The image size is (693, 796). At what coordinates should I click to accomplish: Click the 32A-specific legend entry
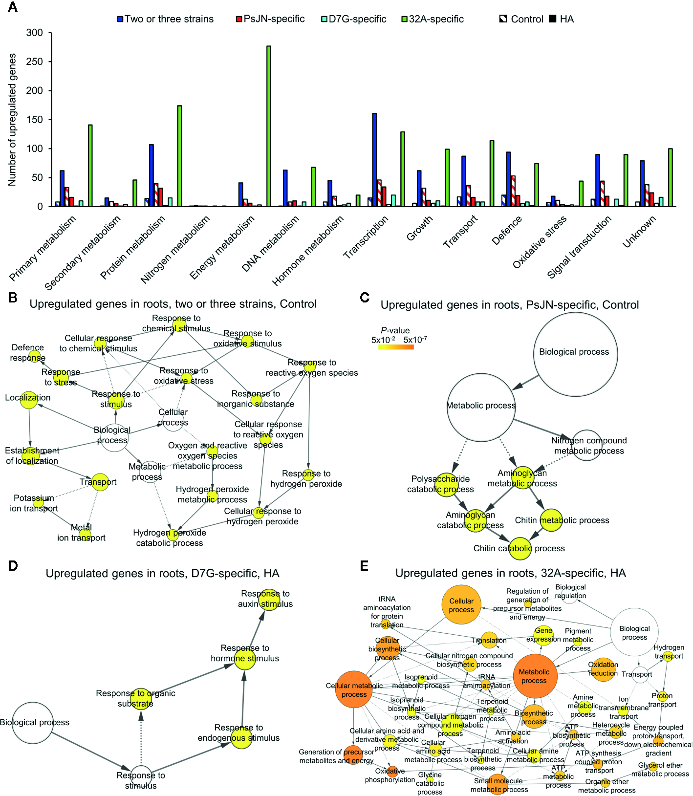433,19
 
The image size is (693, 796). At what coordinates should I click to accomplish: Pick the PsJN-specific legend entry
270,19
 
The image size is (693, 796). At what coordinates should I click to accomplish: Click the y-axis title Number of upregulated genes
12,120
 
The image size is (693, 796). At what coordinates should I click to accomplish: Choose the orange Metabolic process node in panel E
535,676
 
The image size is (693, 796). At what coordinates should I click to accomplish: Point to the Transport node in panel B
100,482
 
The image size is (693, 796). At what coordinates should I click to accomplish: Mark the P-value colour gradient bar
396,347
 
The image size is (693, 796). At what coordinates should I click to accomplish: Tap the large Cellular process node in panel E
461,605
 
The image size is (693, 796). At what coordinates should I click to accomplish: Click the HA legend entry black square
553,19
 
